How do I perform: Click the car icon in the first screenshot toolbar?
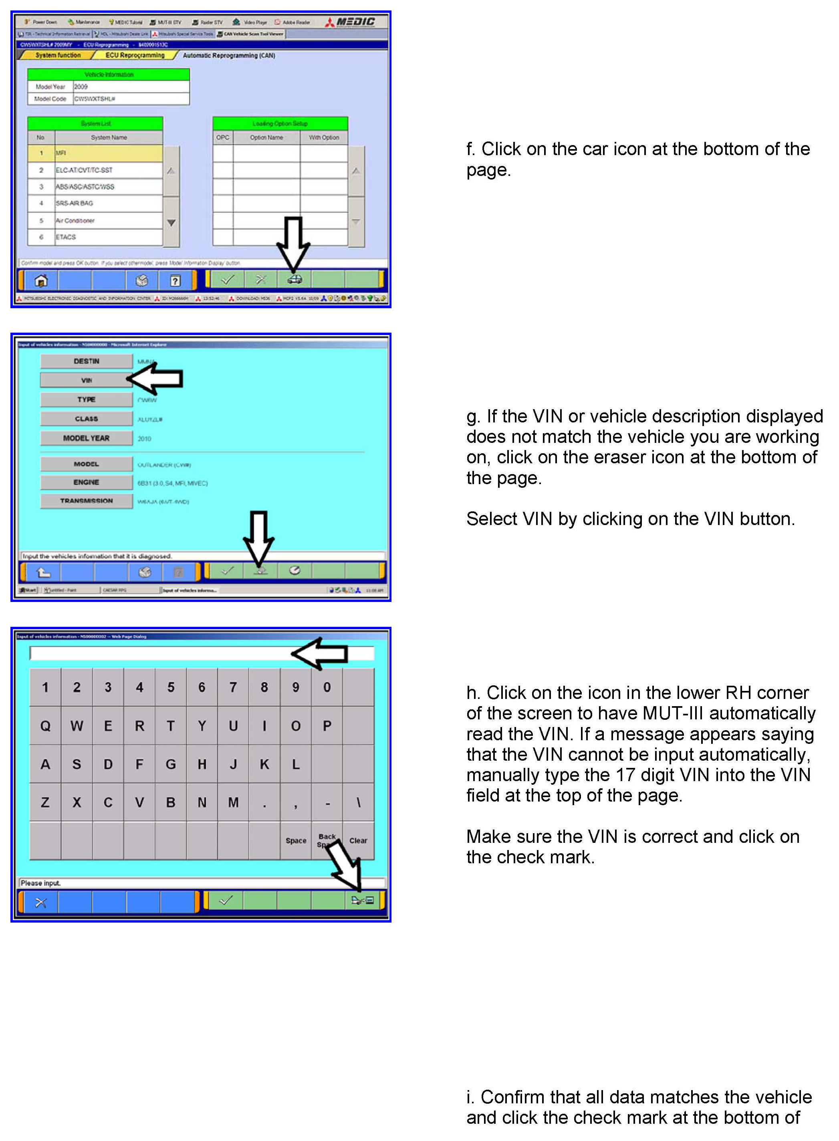pyautogui.click(x=294, y=279)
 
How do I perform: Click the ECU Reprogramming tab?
pyautogui.click(x=135, y=55)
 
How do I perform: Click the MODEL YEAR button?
pyautogui.click(x=86, y=438)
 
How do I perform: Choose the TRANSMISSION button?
pyautogui.click(x=86, y=501)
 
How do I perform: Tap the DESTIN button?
pyautogui.click(x=86, y=361)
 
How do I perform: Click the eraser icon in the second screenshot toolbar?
pyautogui.click(x=260, y=571)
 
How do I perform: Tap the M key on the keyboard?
pyautogui.click(x=233, y=802)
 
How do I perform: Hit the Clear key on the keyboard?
pyautogui.click(x=358, y=840)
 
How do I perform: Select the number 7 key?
pyautogui.click(x=233, y=687)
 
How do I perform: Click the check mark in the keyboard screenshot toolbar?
pyautogui.click(x=226, y=901)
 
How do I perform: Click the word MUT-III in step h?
pyautogui.click(x=673, y=713)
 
